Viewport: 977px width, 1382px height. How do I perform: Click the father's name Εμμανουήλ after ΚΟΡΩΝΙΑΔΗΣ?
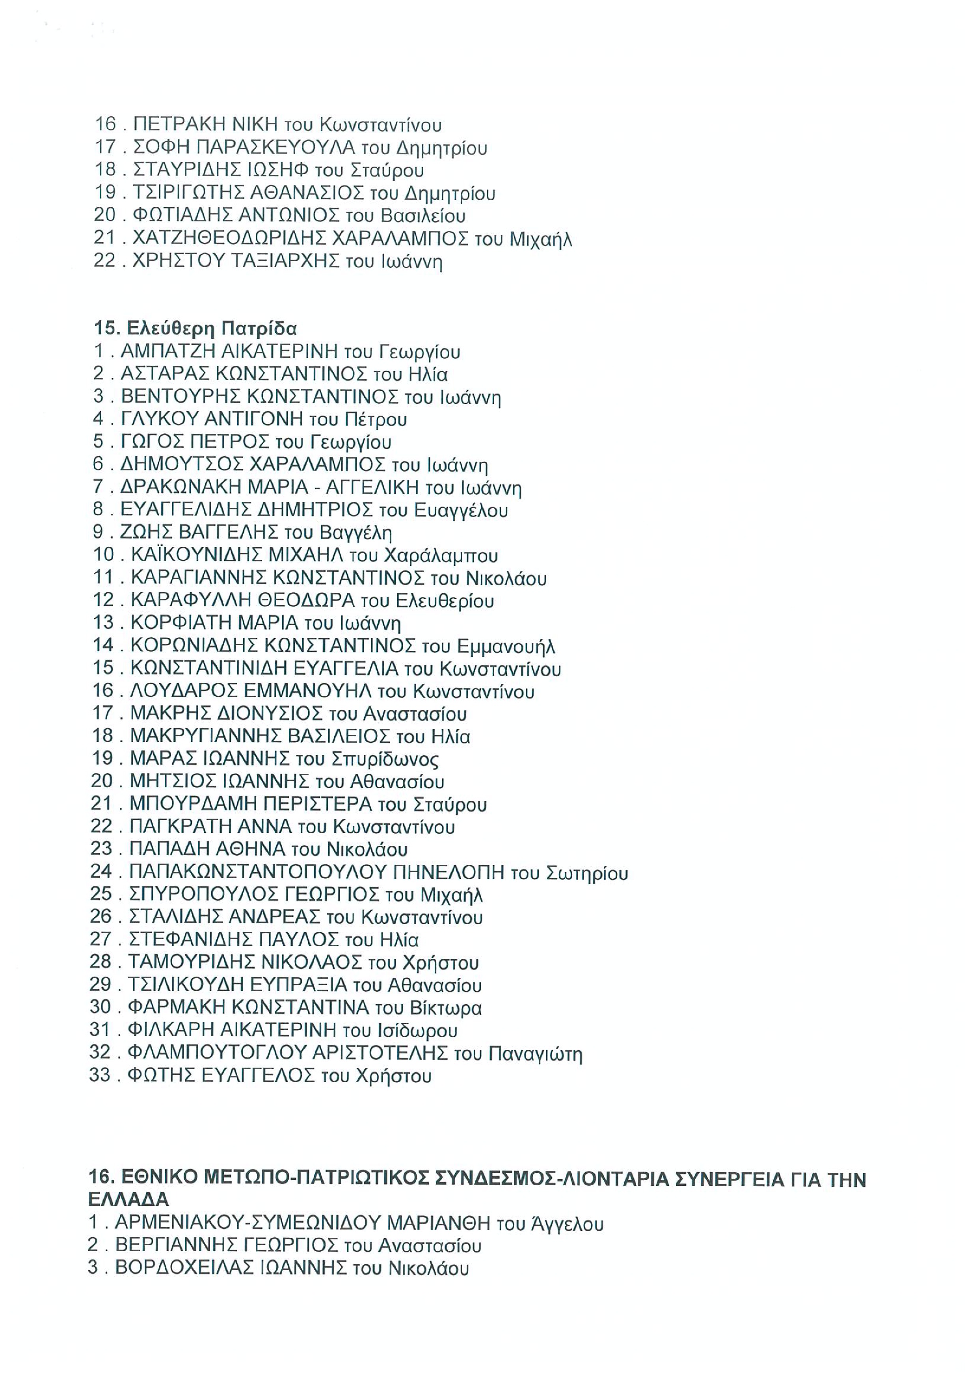pyautogui.click(x=506, y=646)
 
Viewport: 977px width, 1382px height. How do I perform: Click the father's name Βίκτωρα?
pyautogui.click(x=445, y=1008)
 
